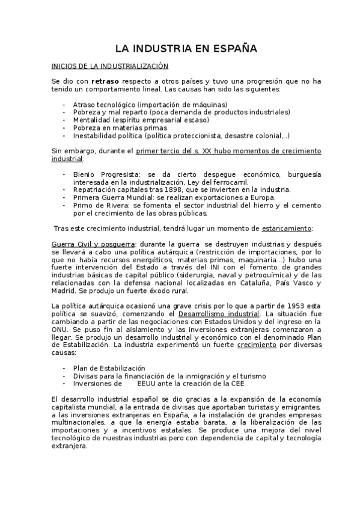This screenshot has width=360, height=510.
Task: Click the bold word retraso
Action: [108, 81]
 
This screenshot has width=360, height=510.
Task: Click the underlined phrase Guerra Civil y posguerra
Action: [84, 244]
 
